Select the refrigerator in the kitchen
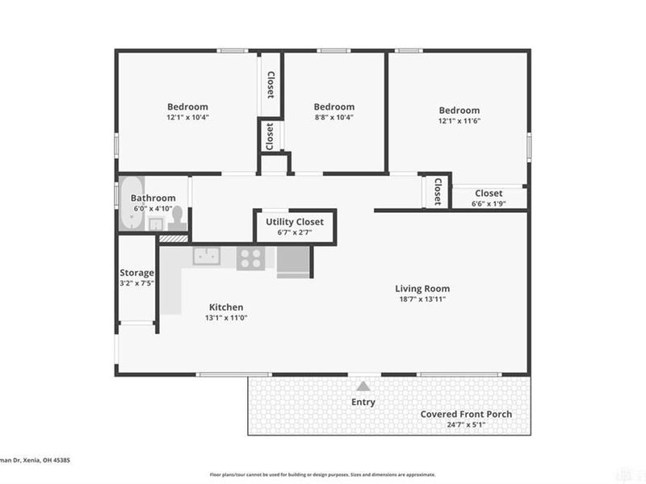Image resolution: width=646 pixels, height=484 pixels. tap(292, 262)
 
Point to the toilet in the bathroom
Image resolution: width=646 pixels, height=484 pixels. tap(177, 219)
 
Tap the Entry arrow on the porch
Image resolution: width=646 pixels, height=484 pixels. tap(363, 386)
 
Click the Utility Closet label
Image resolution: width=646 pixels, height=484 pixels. tap(295, 222)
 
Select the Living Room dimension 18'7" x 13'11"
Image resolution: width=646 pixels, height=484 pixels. tap(422, 299)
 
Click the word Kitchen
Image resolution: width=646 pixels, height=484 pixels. tap(226, 307)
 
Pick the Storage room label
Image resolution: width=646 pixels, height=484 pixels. tap(136, 273)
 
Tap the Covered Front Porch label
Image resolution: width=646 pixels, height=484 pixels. tap(466, 415)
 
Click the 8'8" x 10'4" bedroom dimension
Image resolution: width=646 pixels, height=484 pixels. tap(333, 118)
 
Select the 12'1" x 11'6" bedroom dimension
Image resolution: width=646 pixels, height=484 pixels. tap(459, 121)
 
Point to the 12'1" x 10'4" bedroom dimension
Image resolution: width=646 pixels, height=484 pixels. tap(187, 118)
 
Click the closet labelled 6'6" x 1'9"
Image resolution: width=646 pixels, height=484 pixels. tap(489, 198)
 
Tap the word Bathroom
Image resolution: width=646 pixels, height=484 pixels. tap(153, 198)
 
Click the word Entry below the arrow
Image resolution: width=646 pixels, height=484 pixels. tap(363, 402)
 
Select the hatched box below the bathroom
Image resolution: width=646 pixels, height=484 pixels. tap(172, 238)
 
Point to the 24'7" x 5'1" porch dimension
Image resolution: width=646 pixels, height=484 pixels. tap(466, 425)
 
